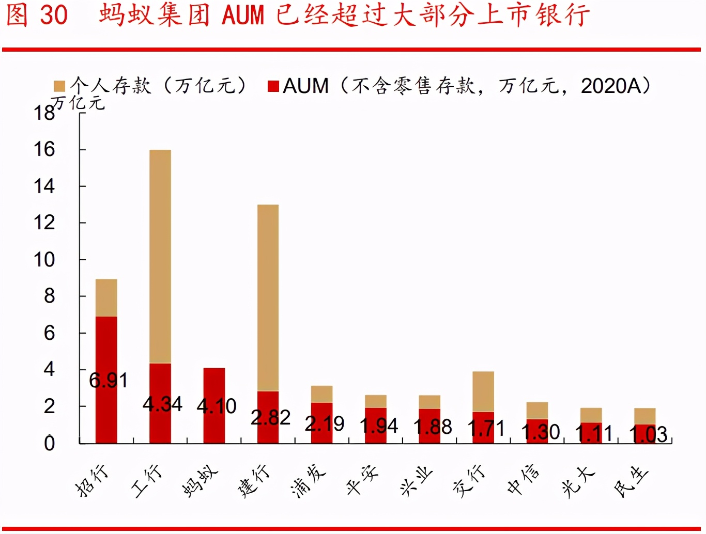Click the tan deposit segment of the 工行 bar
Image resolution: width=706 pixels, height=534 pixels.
160,256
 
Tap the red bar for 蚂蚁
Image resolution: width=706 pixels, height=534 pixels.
214,382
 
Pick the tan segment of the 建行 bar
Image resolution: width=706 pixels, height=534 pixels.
268,297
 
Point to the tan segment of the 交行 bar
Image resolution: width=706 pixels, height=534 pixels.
483,391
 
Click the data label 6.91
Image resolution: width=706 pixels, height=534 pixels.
108,381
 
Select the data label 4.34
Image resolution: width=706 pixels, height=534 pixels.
162,404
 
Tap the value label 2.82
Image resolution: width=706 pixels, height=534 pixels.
270,417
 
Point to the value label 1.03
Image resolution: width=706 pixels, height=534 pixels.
648,434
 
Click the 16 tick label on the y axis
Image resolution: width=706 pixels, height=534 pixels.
44,150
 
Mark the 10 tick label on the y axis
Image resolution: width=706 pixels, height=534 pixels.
44,260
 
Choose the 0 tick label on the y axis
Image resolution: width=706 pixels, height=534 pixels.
49,443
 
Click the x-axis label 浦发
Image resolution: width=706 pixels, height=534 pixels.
309,480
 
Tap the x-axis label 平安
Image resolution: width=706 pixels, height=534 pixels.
362,480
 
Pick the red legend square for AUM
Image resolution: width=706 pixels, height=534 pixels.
273,86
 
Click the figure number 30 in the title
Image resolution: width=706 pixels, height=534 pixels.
54,14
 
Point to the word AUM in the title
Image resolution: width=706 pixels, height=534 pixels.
243,14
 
